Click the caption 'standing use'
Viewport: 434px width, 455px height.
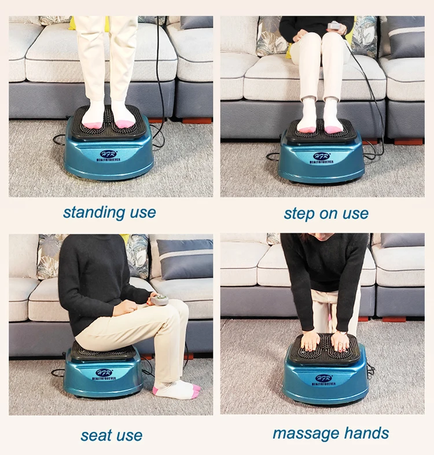click(x=109, y=212)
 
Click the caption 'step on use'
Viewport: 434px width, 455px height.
click(x=326, y=214)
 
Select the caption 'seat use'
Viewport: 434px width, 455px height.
click(x=111, y=435)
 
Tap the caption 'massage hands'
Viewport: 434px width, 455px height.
click(x=330, y=433)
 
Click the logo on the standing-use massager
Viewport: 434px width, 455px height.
click(x=109, y=156)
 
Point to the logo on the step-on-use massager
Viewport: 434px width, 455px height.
click(x=322, y=157)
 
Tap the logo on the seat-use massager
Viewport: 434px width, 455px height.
click(x=104, y=375)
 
